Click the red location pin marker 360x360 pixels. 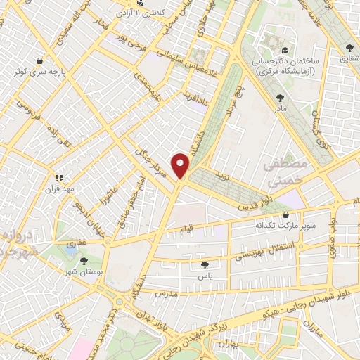pyautogui.click(x=181, y=165)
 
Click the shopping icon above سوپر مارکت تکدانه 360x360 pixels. pyautogui.click(x=285, y=215)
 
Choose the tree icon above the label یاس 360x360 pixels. pyautogui.click(x=205, y=265)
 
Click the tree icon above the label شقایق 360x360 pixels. pyautogui.click(x=349, y=48)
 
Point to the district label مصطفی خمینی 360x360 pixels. pyautogui.click(x=283, y=173)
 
